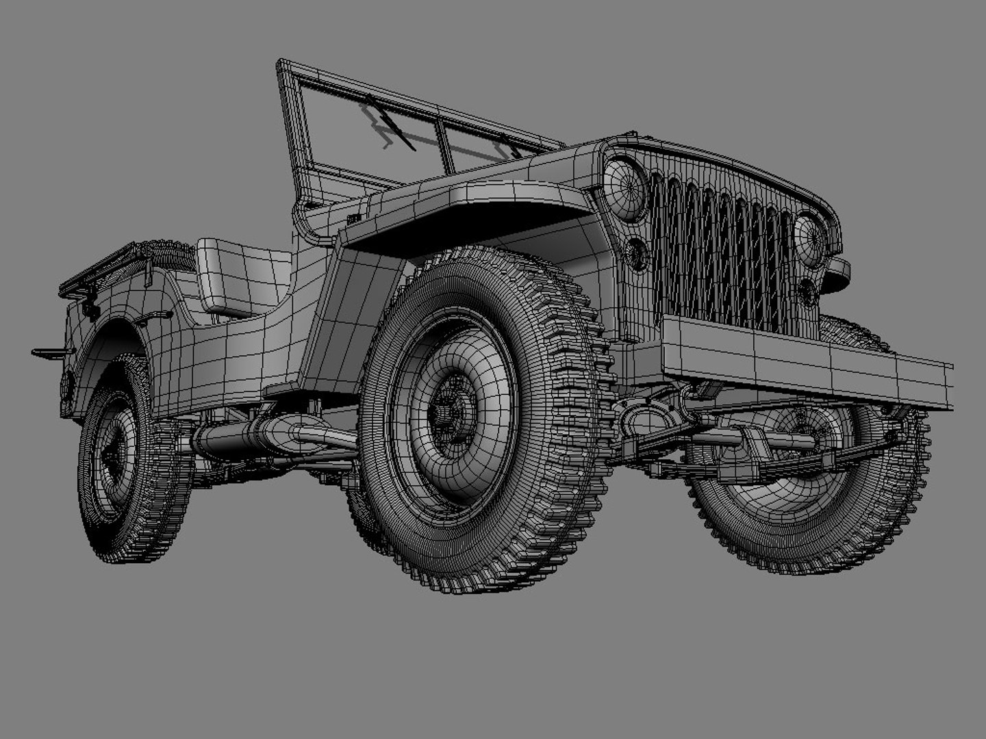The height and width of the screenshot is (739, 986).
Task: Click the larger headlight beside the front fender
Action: (x=625, y=188)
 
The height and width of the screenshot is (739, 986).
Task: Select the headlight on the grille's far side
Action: (x=809, y=239)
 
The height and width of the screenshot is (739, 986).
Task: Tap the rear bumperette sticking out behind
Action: (x=52, y=352)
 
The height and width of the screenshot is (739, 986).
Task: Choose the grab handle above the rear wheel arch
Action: (x=154, y=316)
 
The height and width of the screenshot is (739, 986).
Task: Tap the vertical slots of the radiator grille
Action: (x=719, y=253)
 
